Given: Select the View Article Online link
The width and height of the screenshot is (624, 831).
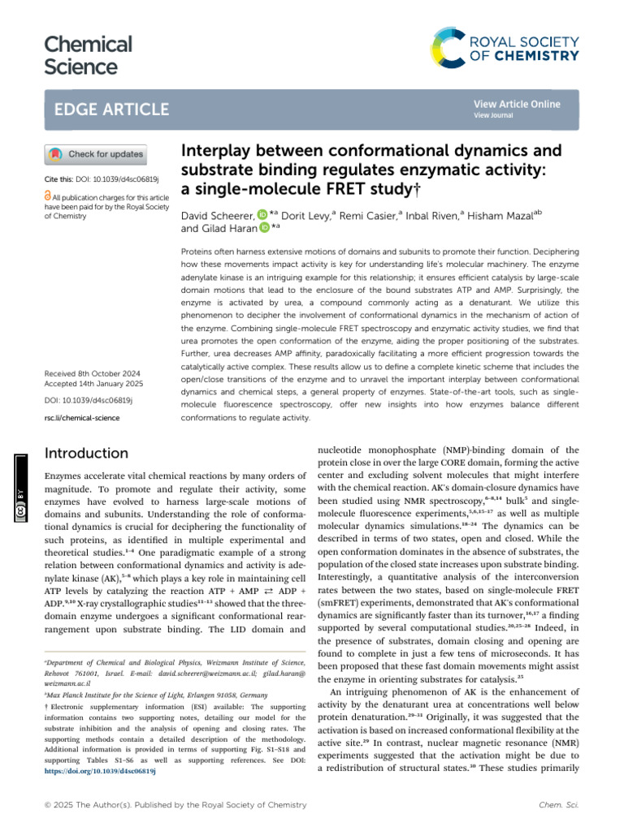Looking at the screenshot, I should (x=516, y=105).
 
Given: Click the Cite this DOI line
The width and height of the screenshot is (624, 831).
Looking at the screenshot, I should (x=100, y=177).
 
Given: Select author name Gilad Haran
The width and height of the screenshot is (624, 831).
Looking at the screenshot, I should (x=214, y=230).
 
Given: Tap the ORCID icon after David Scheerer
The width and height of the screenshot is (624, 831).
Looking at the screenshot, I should (x=262, y=215).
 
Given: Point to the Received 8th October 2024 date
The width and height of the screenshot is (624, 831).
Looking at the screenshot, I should (x=91, y=374).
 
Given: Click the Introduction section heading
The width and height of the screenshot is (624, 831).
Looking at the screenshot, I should (x=87, y=453).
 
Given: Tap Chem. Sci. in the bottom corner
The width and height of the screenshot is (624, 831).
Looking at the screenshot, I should (x=557, y=805).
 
